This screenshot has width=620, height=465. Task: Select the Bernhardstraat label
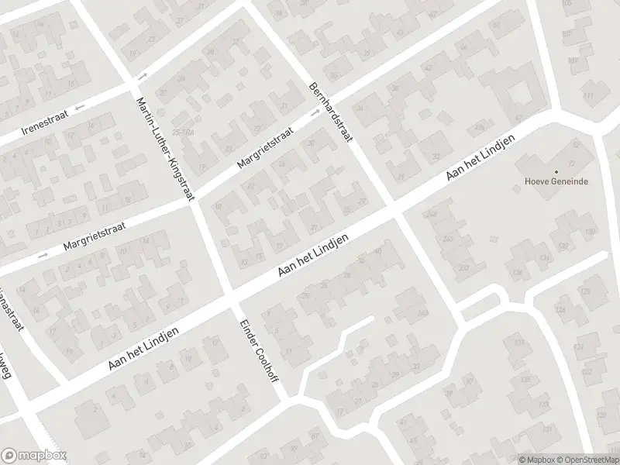tap(331, 113)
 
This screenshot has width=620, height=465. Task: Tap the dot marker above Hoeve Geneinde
tap(556, 172)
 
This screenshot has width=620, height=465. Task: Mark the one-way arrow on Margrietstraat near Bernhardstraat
tap(315, 113)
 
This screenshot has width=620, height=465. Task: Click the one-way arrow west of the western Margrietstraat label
tap(43, 255)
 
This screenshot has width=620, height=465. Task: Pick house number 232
tap(463, 267)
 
